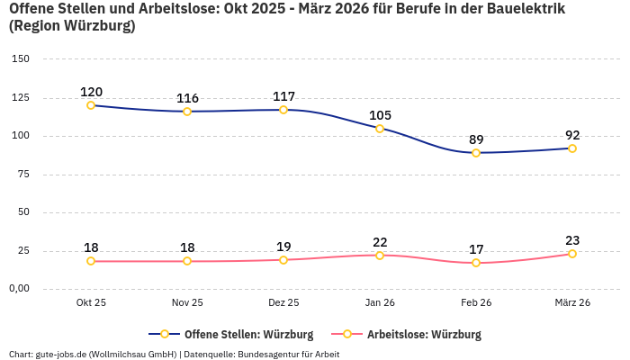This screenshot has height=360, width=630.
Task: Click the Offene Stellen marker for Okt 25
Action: [x=91, y=105]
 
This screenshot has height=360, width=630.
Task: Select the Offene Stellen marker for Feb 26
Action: [x=476, y=153]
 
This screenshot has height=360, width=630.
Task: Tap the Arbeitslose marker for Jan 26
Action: [x=380, y=256]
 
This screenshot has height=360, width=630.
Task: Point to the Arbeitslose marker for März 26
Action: [x=572, y=254]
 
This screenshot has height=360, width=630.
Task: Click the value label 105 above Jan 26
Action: [x=380, y=115]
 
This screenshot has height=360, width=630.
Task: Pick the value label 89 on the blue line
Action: [x=476, y=139]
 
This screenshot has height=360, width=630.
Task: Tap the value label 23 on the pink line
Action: [x=572, y=240]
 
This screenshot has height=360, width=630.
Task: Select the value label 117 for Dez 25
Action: [x=283, y=96]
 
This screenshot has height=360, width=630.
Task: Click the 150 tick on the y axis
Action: [x=20, y=59]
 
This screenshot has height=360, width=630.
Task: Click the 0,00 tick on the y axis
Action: [x=19, y=289]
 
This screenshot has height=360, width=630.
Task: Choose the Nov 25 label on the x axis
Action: [x=187, y=303]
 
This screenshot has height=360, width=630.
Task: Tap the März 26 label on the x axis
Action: [x=572, y=303]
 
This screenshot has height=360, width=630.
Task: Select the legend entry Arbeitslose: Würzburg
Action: [x=424, y=335]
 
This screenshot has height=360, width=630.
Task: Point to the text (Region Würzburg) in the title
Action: [x=72, y=26]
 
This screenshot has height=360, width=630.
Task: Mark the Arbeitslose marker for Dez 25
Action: [x=283, y=260]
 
